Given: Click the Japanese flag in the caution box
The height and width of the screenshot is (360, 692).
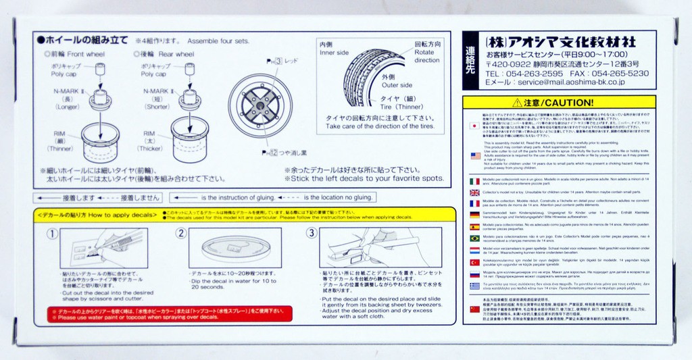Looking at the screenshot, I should (474, 126).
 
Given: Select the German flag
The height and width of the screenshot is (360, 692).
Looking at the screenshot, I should (474, 215).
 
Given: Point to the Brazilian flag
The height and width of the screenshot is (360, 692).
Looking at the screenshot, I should (474, 238).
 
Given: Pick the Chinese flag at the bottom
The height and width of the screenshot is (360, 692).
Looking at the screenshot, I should (474, 309).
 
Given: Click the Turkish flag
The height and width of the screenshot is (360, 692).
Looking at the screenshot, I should (474, 262).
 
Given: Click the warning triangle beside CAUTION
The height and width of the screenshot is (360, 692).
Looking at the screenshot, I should (517, 103).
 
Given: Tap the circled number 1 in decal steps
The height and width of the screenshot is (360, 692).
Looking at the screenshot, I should (51, 234).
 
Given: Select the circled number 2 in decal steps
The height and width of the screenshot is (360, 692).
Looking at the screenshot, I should (181, 234).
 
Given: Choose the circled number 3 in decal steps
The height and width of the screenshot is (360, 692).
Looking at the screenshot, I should (311, 234).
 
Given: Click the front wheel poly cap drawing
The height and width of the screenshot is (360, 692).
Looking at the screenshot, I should (100, 70).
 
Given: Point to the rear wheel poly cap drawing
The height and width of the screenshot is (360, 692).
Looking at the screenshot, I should (189, 69).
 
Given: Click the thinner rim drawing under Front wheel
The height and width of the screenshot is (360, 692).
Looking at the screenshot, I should (100, 141).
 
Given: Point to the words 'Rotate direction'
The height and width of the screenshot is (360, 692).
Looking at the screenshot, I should (426, 55).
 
